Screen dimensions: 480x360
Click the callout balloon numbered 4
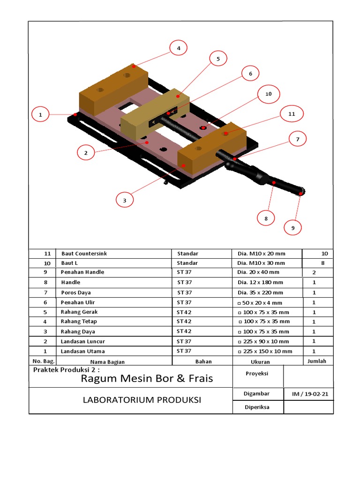pos(178,48)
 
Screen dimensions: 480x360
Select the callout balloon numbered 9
pos(293,228)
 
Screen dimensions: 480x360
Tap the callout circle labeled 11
pos(292,114)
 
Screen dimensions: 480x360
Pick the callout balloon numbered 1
pos(40,114)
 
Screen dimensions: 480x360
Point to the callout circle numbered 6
pos(250,74)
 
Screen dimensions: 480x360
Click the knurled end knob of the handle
pos(301,191)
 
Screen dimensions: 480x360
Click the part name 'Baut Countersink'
pos(84,254)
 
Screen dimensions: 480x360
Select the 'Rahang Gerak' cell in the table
pos(79,312)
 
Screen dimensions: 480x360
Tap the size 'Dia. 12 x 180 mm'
pos(261,283)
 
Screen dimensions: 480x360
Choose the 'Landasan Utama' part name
pos(82,351)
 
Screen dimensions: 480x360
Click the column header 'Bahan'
pos(203,361)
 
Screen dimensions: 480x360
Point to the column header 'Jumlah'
pos(317,361)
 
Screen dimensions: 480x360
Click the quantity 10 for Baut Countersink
pos(324,254)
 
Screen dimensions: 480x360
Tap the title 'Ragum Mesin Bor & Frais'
pos(147,378)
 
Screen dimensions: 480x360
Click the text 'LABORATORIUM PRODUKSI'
pos(142,400)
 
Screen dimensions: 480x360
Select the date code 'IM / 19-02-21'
pos(310,394)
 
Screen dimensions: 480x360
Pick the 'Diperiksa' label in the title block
pos(257,407)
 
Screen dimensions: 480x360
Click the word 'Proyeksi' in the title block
pos(256,374)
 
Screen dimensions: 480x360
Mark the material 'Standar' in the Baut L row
pos(187,263)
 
